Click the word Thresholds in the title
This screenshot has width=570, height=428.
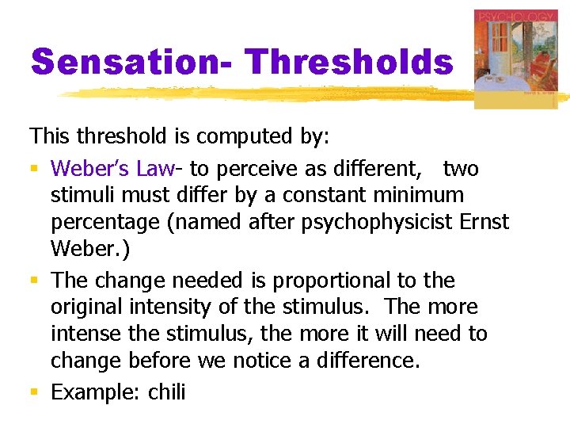coord(348,62)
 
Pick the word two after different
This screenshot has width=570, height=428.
coord(461,169)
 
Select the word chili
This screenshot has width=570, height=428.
coord(166,392)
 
